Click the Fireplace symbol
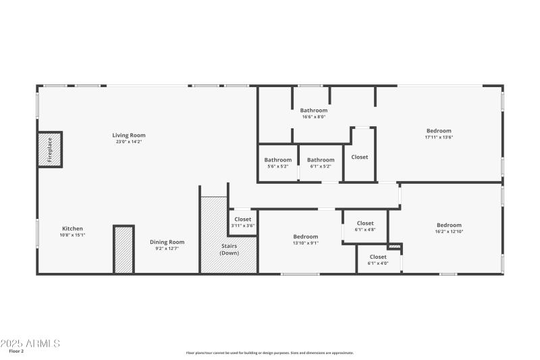50,149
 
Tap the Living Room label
128,135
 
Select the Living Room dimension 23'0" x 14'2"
128,142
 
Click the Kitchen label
73,228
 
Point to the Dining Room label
167,242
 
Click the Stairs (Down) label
229,249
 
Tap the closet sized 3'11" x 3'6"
243,222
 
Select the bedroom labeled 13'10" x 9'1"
306,240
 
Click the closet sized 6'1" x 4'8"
365,226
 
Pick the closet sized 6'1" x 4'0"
378,260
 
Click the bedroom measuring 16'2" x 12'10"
449,228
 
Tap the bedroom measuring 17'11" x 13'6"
439,134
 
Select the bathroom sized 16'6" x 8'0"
314,113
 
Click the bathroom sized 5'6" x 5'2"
277,163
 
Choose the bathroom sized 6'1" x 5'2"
321,163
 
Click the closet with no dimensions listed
360,157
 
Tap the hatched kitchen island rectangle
124,250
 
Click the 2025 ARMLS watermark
30,344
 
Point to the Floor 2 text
17,352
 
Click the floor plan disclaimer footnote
270,353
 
